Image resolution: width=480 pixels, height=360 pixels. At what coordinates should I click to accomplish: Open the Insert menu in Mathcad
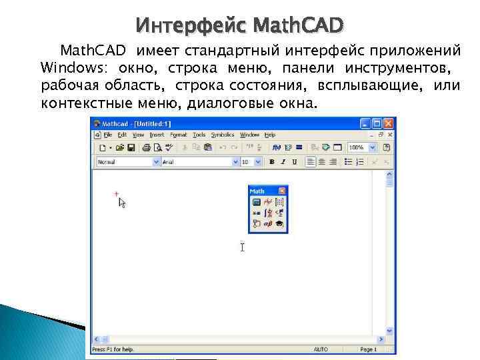(157, 135)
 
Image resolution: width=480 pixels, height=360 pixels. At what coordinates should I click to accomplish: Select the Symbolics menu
(223, 135)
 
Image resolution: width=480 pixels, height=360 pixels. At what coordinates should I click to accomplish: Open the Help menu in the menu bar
(271, 135)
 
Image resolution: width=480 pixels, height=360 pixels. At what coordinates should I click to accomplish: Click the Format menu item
(178, 135)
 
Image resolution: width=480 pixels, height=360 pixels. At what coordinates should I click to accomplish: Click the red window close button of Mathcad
(389, 123)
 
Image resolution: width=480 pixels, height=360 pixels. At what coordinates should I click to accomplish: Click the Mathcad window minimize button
(365, 123)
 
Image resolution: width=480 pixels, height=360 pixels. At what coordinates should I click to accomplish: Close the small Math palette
(282, 191)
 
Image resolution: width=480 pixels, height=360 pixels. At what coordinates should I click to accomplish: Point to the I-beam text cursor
(243, 247)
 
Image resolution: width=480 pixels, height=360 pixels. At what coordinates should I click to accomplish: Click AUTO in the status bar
(321, 349)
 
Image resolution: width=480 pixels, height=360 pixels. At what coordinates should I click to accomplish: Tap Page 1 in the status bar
(368, 349)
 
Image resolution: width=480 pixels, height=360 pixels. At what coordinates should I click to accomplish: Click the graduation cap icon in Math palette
(279, 225)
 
